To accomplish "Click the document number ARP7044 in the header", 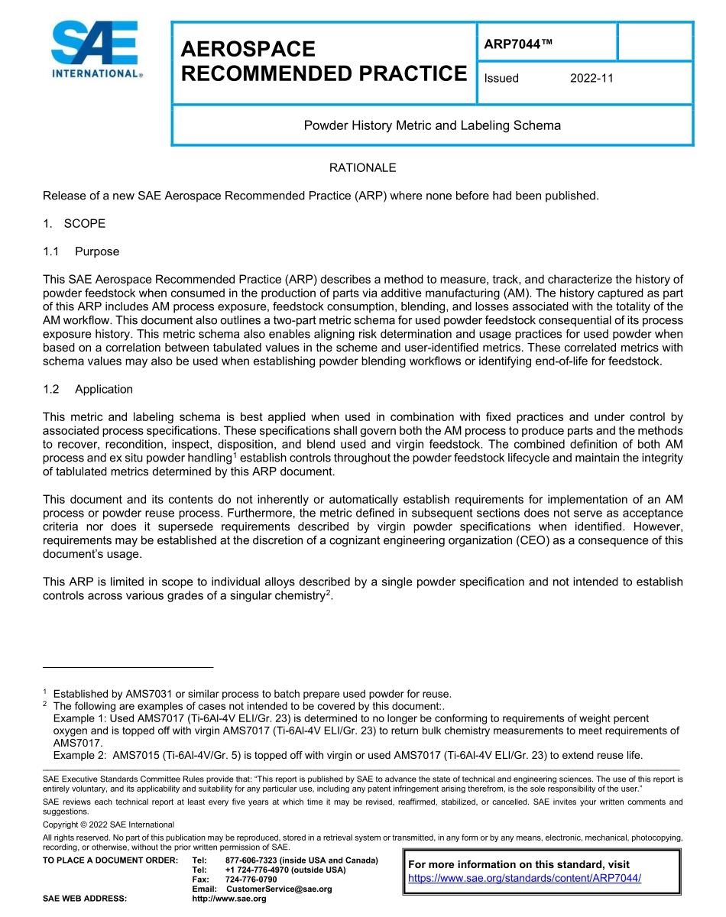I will coord(517,44).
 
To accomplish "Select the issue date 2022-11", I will coord(591,78).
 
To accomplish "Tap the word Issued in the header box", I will coord(501,78).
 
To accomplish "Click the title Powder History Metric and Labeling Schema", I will coord(432,125).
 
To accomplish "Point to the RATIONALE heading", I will coord(362,167).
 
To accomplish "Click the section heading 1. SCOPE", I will coord(74,223).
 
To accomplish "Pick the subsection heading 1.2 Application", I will coord(88,389).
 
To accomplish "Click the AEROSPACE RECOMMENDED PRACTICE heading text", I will coord(323,61).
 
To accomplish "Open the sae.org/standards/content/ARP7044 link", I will coord(524,878).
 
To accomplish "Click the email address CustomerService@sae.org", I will coord(279,889).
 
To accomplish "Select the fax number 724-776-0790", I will coord(251,880).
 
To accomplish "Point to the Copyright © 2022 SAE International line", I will coord(109,825).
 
